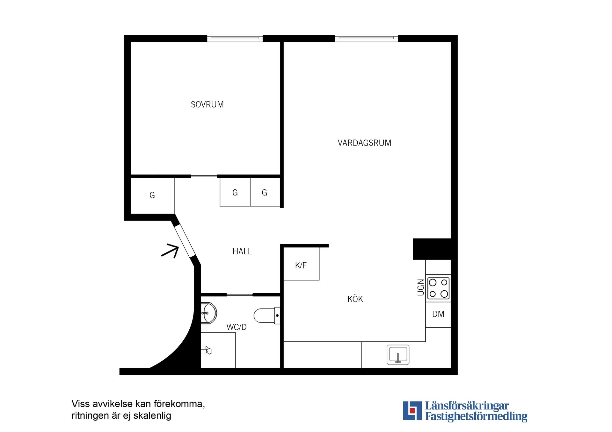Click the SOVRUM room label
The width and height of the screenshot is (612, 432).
[207, 104]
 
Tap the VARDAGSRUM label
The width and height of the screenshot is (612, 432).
[364, 143]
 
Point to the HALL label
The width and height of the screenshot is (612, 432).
[242, 251]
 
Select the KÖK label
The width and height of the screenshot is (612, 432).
[355, 299]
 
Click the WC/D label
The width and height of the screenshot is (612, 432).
[237, 327]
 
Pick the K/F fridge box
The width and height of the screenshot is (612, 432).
[301, 264]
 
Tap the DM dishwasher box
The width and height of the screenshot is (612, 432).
[438, 314]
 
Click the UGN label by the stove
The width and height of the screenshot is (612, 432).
[421, 287]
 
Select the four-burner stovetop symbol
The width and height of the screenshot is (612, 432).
[438, 288]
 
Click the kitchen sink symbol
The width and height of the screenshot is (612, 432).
[398, 355]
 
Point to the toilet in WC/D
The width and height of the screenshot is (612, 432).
[266, 315]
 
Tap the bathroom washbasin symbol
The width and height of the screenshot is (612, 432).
[208, 313]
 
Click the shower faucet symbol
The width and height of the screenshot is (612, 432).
[207, 351]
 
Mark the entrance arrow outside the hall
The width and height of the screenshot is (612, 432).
[170, 251]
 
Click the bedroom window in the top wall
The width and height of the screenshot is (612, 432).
[235, 38]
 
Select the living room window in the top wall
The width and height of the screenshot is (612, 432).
[366, 38]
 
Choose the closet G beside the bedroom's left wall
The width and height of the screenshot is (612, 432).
[152, 195]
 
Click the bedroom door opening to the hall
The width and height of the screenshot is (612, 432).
[204, 176]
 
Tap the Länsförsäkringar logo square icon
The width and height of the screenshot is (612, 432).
[412, 410]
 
